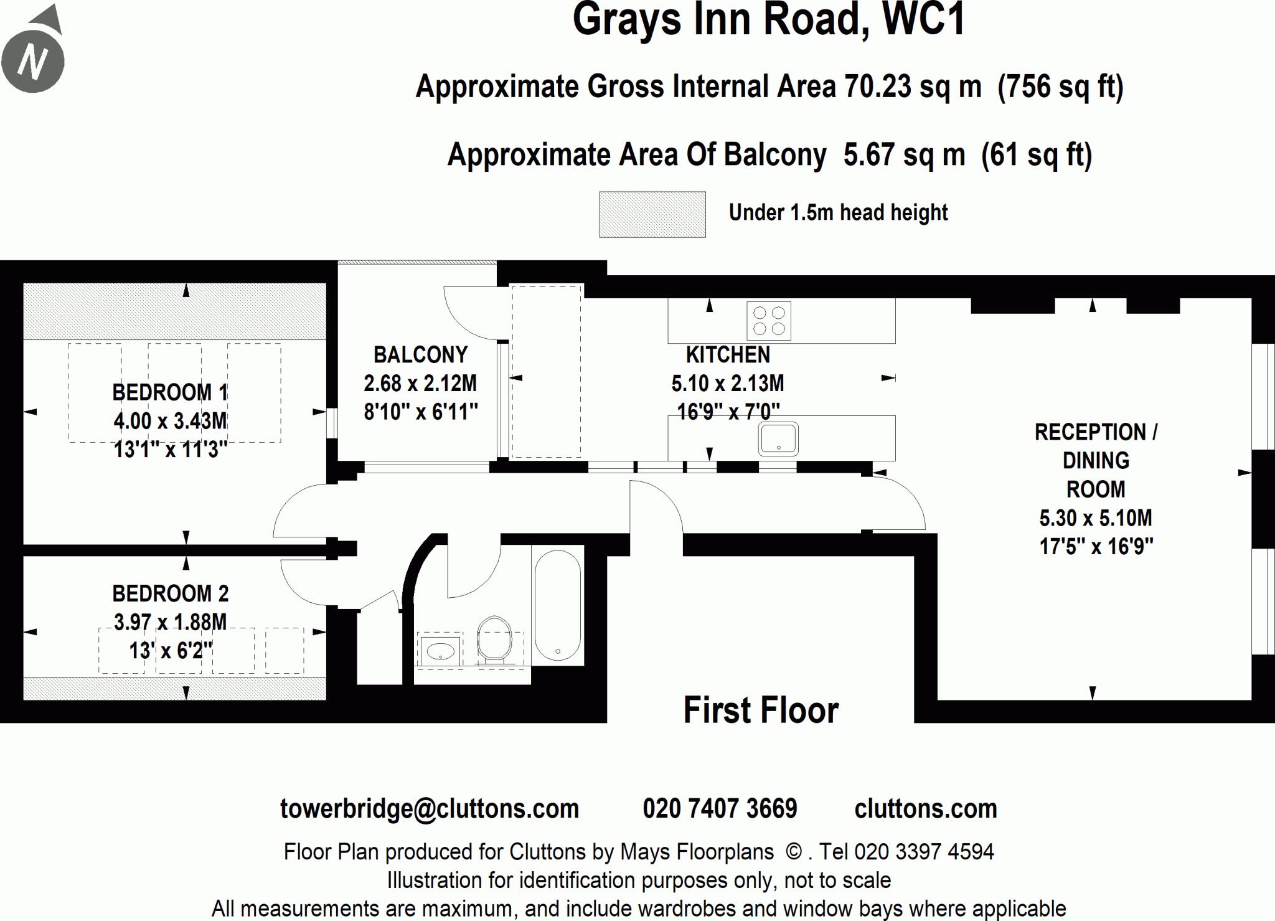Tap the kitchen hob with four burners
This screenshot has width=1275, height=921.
click(x=769, y=321)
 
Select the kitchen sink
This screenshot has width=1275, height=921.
click(x=778, y=438)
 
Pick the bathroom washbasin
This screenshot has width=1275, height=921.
click(x=441, y=651)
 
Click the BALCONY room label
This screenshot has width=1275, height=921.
click(x=420, y=355)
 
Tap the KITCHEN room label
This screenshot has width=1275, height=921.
click(x=728, y=355)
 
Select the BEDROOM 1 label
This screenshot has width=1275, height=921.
click(x=170, y=392)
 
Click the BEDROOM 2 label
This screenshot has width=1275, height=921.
click(x=171, y=593)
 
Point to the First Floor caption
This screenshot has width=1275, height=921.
click(x=761, y=710)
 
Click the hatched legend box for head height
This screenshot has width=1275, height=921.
click(x=652, y=214)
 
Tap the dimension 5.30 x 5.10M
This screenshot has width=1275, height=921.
click(x=1096, y=517)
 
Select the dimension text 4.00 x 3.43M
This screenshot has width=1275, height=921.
click(x=170, y=421)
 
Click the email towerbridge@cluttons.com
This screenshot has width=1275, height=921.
click(x=430, y=808)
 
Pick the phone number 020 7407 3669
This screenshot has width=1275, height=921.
click(x=720, y=808)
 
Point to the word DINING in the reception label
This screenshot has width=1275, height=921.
click(x=1096, y=460)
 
